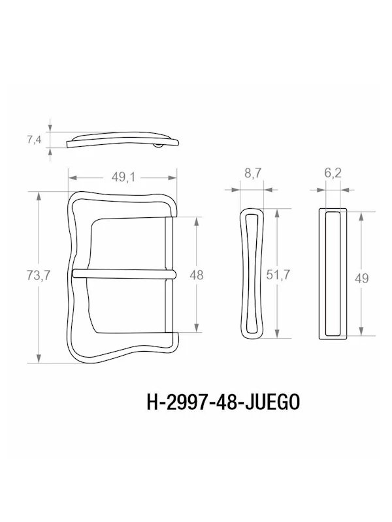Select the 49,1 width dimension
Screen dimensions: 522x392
click(122, 177)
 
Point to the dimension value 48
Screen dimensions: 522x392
click(195, 275)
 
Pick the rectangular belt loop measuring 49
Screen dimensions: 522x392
click(332, 274)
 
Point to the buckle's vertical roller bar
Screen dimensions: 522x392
click(169, 275)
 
